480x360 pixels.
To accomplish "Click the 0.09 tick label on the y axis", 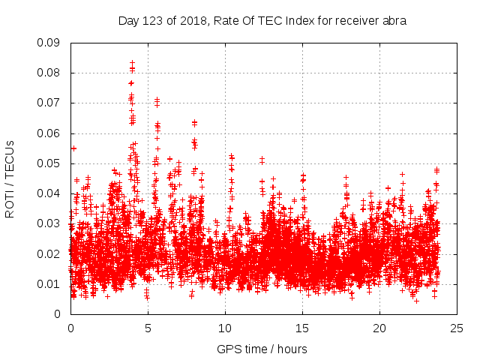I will (51, 43).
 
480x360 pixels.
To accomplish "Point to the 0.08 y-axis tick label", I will (51, 73).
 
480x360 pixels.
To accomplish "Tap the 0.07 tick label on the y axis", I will (51, 103).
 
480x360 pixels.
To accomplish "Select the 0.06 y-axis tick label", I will (51, 133).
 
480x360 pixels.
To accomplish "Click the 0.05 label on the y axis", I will (51, 163).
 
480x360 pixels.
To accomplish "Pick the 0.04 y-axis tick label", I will (51, 193).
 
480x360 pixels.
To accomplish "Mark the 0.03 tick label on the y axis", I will (51, 223).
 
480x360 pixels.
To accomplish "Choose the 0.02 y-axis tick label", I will (51, 253).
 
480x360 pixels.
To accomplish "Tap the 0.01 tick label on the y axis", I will (51, 283).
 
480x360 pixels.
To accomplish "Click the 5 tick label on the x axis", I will (148, 328).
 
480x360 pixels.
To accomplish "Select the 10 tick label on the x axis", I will (225, 328).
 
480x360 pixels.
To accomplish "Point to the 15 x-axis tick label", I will (302, 328).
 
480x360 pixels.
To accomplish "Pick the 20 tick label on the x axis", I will (379, 328).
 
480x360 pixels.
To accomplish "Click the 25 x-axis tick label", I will (457, 328).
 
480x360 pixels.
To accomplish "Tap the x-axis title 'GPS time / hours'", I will (262, 349).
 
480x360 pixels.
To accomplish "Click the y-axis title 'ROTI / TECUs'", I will (10, 178).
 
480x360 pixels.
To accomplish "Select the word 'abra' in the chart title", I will (394, 21).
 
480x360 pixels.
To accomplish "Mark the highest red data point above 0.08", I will (133, 63).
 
